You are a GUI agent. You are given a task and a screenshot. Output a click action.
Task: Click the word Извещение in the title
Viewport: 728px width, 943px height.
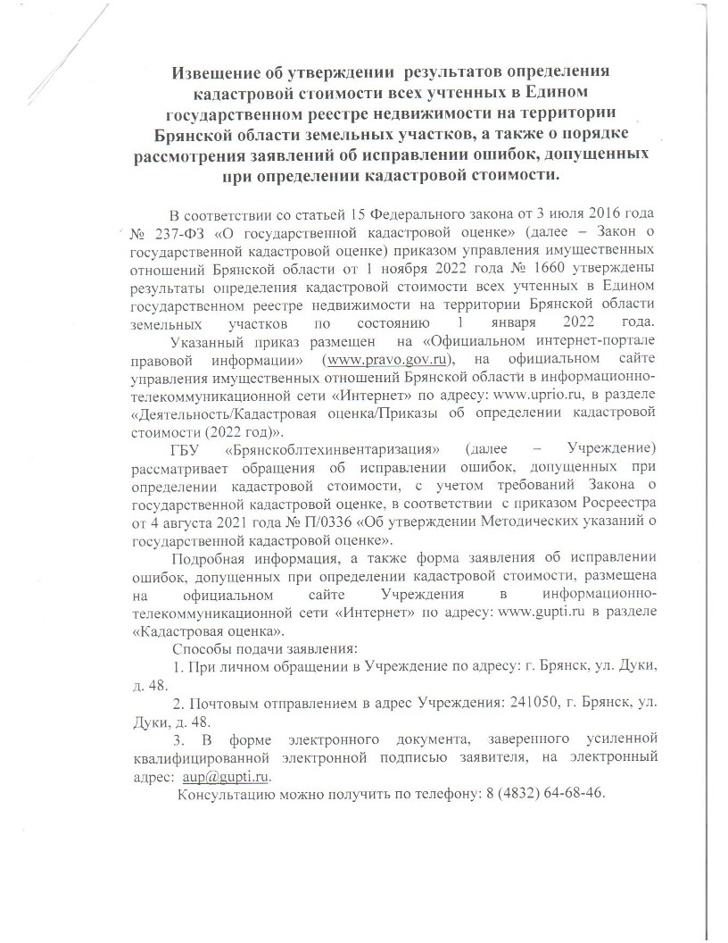[218, 71]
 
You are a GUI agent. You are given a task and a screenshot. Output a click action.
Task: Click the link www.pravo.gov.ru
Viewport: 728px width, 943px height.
[388, 359]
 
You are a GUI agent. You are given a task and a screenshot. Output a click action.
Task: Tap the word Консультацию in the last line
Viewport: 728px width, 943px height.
[226, 794]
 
